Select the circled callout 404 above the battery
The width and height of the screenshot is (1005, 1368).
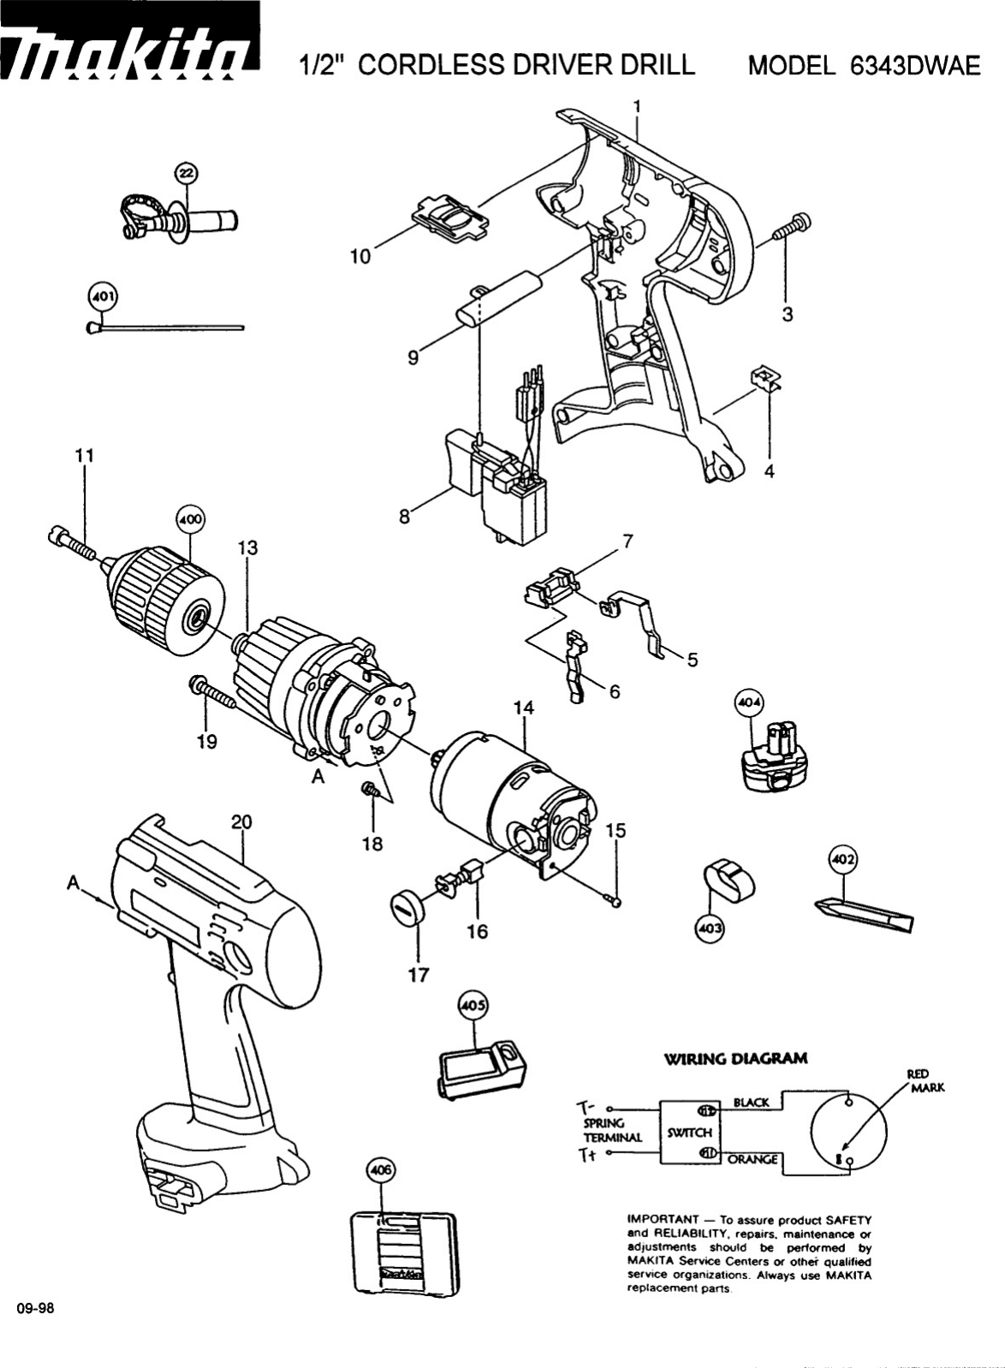coord(750,704)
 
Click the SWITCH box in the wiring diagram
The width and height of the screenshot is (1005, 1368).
coord(689,1132)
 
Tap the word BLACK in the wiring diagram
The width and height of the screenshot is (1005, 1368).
coord(751,1102)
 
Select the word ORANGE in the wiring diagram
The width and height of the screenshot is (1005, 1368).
coord(752,1159)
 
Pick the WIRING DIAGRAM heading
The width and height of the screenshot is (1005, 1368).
coord(735,1058)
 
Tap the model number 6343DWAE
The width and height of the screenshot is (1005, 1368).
coord(916,67)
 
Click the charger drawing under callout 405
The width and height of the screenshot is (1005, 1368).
coord(480,1066)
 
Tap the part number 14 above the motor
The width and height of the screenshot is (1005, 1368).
coord(524,708)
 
